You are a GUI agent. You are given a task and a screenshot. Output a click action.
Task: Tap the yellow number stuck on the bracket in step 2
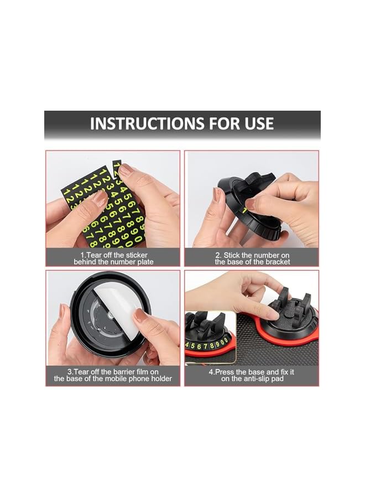(x=243, y=211)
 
